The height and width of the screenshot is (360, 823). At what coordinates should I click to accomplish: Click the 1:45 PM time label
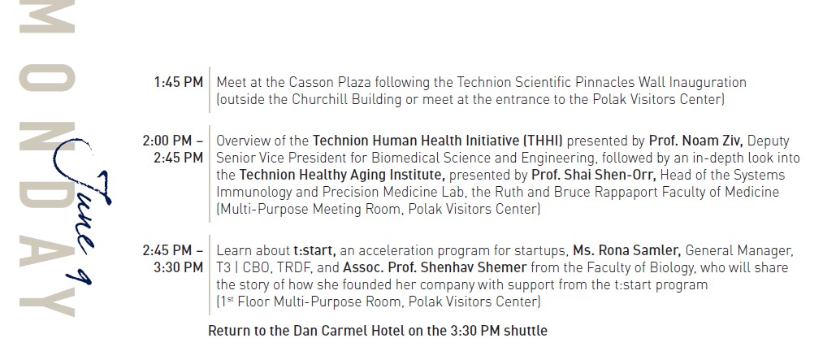[x=179, y=82]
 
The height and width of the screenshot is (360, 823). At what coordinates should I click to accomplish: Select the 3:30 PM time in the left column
[x=179, y=267]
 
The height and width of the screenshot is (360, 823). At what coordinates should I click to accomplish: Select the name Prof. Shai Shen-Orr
[x=594, y=175]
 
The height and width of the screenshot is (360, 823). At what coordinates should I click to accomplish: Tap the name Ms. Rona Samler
[x=626, y=251]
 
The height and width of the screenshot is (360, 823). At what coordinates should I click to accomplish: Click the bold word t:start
[x=314, y=251]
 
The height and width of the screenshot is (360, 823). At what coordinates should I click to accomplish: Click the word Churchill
[x=318, y=99]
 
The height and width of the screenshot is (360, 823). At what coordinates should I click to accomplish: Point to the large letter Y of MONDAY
[x=47, y=301]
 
